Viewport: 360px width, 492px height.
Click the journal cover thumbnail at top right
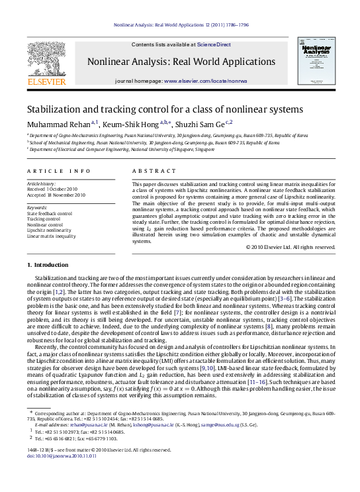coord(315,63)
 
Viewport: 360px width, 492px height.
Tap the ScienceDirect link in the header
coord(214,44)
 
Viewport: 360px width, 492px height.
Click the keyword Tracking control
coord(44,219)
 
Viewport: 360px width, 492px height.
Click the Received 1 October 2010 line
coord(52,189)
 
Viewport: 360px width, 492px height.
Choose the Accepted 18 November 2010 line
coord(56,195)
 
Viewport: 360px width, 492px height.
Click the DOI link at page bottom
coord(53,474)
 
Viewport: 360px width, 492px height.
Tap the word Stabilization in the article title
coord(52,109)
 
